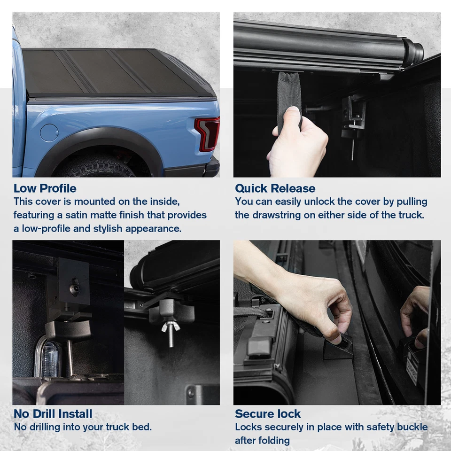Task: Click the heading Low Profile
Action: click(45, 188)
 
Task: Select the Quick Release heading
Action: click(275, 188)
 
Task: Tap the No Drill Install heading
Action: click(53, 414)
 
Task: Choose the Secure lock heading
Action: click(267, 414)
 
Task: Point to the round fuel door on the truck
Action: click(49, 133)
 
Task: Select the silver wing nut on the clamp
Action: click(171, 327)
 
